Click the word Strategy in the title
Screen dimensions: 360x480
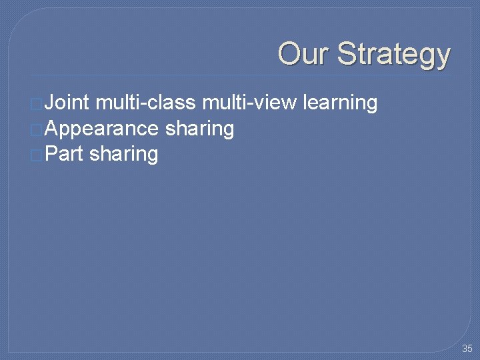[393, 55]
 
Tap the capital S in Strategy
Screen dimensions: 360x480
[347, 53]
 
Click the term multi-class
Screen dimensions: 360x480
[145, 103]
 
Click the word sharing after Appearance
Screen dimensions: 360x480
[199, 129]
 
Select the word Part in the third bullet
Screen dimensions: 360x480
[65, 154]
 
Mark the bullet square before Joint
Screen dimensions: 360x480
[36, 104]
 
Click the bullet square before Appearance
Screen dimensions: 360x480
[36, 129]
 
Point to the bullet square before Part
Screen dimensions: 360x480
[36, 155]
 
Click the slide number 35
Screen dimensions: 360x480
[467, 349]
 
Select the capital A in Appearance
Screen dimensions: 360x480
[51, 128]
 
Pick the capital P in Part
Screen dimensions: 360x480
[51, 153]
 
